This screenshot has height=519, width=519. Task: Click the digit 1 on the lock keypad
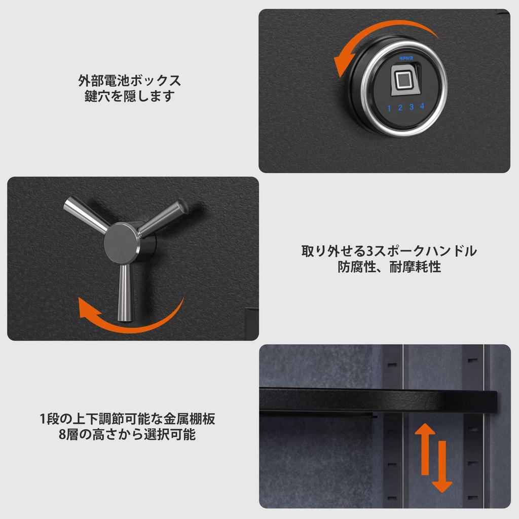(x=389, y=108)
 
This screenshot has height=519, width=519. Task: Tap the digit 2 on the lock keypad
(x=400, y=107)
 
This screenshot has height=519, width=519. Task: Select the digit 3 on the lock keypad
(x=412, y=106)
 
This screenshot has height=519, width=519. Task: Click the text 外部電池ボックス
(x=129, y=81)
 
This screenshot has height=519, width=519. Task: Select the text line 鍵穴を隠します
(x=129, y=96)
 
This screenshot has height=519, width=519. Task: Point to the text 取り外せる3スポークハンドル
(x=389, y=251)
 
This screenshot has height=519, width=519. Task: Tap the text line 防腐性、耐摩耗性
(x=389, y=267)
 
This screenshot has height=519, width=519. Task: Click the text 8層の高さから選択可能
(x=127, y=434)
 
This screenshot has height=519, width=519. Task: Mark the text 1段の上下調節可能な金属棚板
(x=127, y=419)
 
